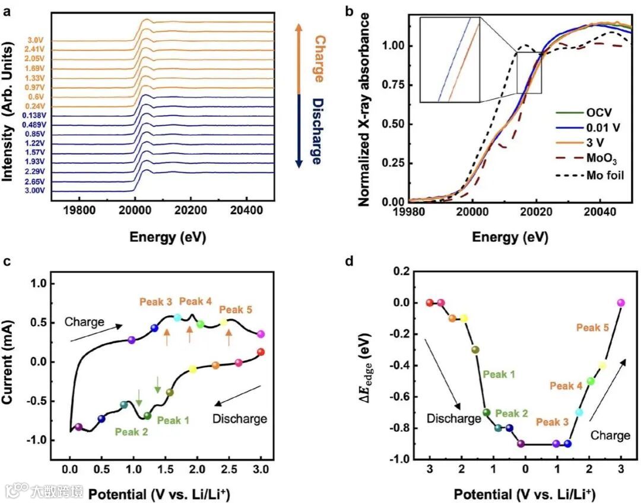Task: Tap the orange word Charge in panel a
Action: click(319, 59)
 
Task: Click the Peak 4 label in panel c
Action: click(195, 301)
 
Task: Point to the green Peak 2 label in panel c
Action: click(132, 432)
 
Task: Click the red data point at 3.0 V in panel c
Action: click(261, 352)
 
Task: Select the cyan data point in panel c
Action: click(177, 317)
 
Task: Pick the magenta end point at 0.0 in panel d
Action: click(621, 303)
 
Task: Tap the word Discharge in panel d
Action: click(454, 419)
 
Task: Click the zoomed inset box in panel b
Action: click(450, 60)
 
